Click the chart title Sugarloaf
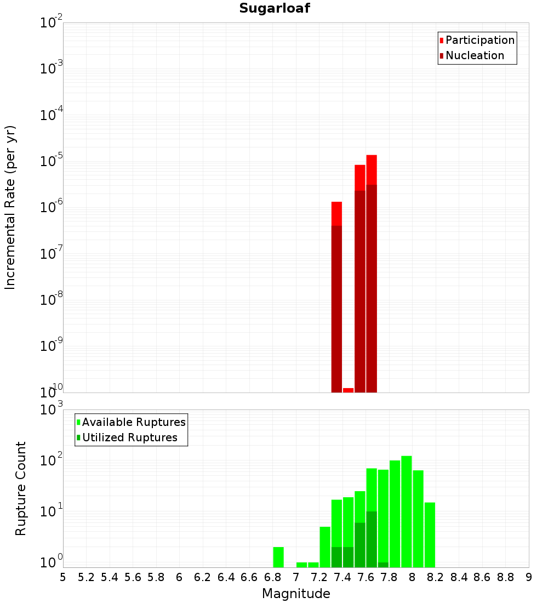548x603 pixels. point(274,9)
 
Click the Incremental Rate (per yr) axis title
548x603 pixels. point(10,208)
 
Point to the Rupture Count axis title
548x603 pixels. point(21,488)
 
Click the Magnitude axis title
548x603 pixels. point(296,594)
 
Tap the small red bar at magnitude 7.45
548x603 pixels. point(348,390)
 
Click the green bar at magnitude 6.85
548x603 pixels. point(278,557)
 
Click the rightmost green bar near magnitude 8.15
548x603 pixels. point(430,534)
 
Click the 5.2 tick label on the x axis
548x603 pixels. point(86,577)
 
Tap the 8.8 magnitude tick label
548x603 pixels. point(505,577)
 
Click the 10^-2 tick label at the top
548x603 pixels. point(51,23)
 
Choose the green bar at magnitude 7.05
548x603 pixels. point(302,565)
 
